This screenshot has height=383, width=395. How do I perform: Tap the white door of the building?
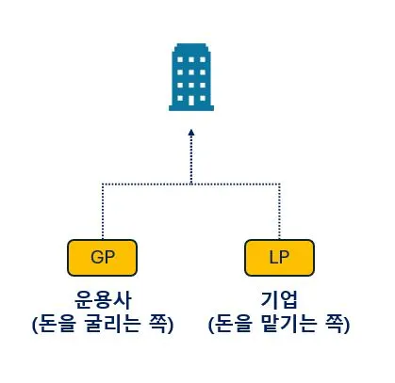190,102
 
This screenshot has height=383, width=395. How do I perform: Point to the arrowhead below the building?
190,135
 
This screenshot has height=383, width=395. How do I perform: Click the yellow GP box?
102,255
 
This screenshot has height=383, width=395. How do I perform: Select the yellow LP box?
278,255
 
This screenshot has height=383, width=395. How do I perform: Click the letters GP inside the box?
102,255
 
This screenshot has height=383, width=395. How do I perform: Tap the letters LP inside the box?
278,255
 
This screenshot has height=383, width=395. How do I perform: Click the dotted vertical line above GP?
102,212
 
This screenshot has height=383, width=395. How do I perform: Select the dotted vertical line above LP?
278,212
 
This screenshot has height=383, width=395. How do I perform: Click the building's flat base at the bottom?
190,109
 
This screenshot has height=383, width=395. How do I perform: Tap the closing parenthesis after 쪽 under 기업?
346,325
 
